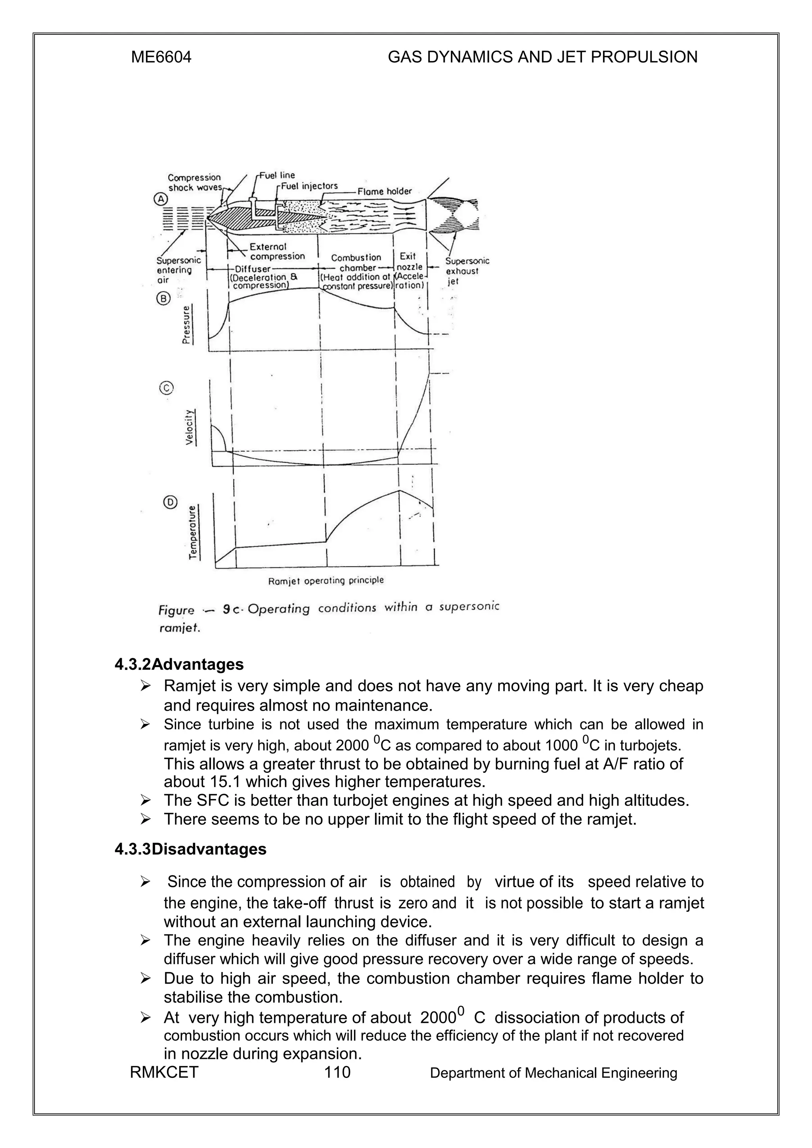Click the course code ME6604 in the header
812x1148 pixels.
coord(161,57)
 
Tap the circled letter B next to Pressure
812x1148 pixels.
coord(164,299)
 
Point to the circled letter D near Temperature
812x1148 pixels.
coord(170,503)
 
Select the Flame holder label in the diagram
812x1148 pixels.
coord(384,191)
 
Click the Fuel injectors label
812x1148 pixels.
coord(309,186)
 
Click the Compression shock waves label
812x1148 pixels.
coord(194,183)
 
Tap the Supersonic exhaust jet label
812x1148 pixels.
coord(466,271)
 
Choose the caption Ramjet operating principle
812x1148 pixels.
coord(326,580)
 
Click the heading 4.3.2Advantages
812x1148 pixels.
coord(179,664)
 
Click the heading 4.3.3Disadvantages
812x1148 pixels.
coord(191,849)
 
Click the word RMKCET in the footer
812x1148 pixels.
coord(164,1072)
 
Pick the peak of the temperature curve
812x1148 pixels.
coord(399,490)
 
